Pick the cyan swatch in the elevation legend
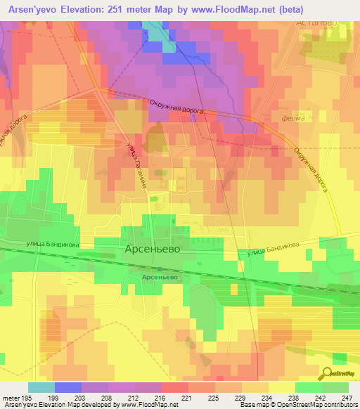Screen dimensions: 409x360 (x=41, y=387)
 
